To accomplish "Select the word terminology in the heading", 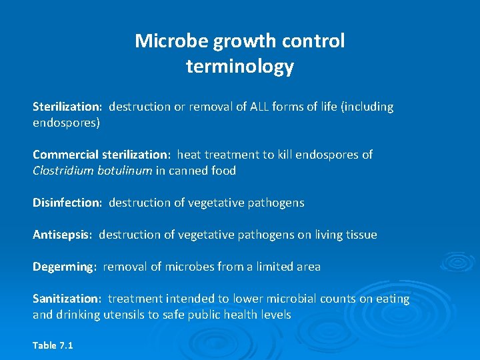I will pos(240,67).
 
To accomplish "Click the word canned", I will pos(189,171).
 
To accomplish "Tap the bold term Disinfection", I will pos(67,203).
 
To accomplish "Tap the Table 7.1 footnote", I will pos(53,345).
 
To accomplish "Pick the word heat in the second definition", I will pos(189,155).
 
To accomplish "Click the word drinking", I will pos(79,315).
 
